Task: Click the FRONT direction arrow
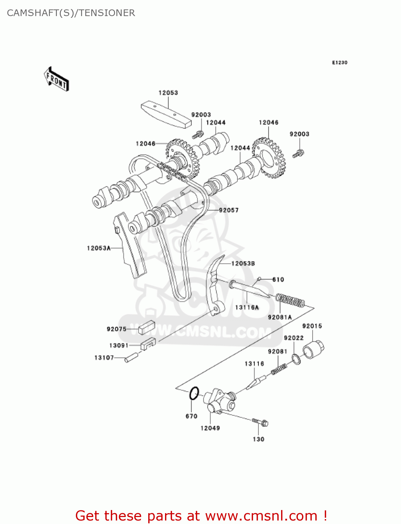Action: (x=56, y=79)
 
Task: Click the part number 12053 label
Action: (x=168, y=93)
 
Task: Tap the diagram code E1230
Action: (x=339, y=63)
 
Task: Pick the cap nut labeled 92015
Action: (x=313, y=349)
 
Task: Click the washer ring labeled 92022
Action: (x=296, y=359)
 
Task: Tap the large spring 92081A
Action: (x=290, y=300)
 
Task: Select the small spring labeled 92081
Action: (x=279, y=369)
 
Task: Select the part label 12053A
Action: (x=99, y=248)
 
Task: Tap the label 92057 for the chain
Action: (x=229, y=210)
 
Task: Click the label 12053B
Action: (x=243, y=263)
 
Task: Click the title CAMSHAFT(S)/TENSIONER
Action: (x=71, y=13)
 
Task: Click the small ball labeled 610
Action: (x=259, y=279)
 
